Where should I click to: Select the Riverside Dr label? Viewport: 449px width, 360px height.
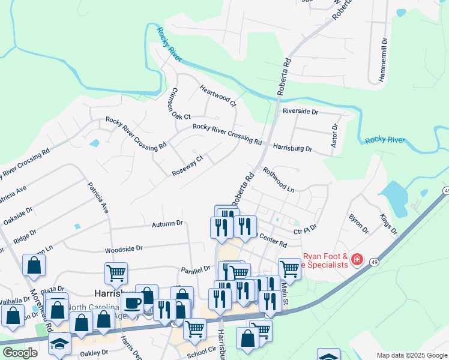coord(300,112)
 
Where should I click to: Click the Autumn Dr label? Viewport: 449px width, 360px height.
coord(167,224)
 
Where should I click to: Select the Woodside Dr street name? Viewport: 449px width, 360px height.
coord(123,248)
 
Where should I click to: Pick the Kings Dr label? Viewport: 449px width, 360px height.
coord(388,223)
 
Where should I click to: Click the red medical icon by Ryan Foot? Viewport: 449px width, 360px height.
coord(357,259)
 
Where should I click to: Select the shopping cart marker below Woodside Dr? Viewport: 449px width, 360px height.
coord(116,274)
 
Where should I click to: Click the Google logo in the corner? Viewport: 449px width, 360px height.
coord(19,353)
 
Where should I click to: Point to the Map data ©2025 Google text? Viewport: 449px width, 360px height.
coord(411,355)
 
